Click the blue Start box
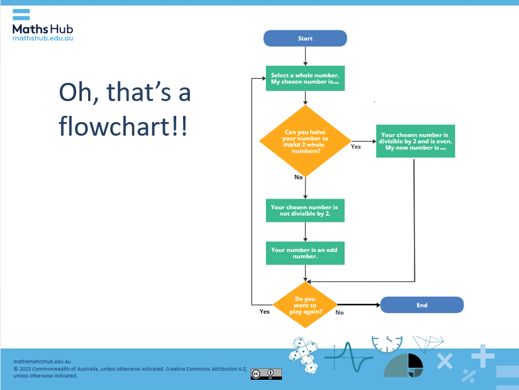[305, 39]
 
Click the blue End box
[422, 305]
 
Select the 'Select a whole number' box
[305, 78]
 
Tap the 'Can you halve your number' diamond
[305, 141]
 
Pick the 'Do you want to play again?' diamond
[305, 305]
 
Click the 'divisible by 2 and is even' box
[415, 141]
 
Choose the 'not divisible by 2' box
[305, 211]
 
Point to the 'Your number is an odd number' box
[305, 253]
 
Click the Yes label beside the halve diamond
[356, 147]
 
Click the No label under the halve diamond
[298, 177]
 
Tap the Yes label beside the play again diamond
[264, 312]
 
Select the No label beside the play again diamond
[339, 312]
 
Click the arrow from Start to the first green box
[305, 56]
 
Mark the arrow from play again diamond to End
[358, 305]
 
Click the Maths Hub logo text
[43, 29]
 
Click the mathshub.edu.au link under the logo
[43, 38]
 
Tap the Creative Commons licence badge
[266, 374]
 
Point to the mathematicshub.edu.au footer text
[42, 360]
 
